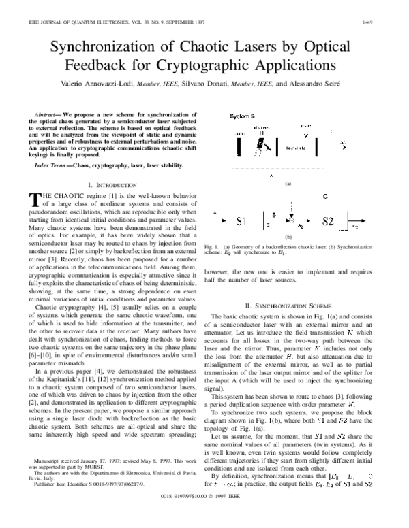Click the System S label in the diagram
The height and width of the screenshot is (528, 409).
click(x=243, y=116)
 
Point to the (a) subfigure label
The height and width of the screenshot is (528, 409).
click(x=287, y=183)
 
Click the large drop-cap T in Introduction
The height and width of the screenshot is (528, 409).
click(x=37, y=199)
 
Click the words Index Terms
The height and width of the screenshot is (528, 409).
click(x=53, y=166)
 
